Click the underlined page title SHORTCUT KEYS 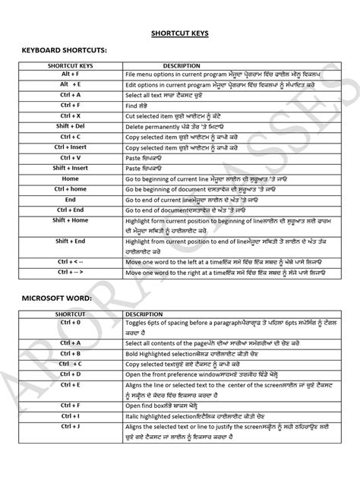tap(180, 33)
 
